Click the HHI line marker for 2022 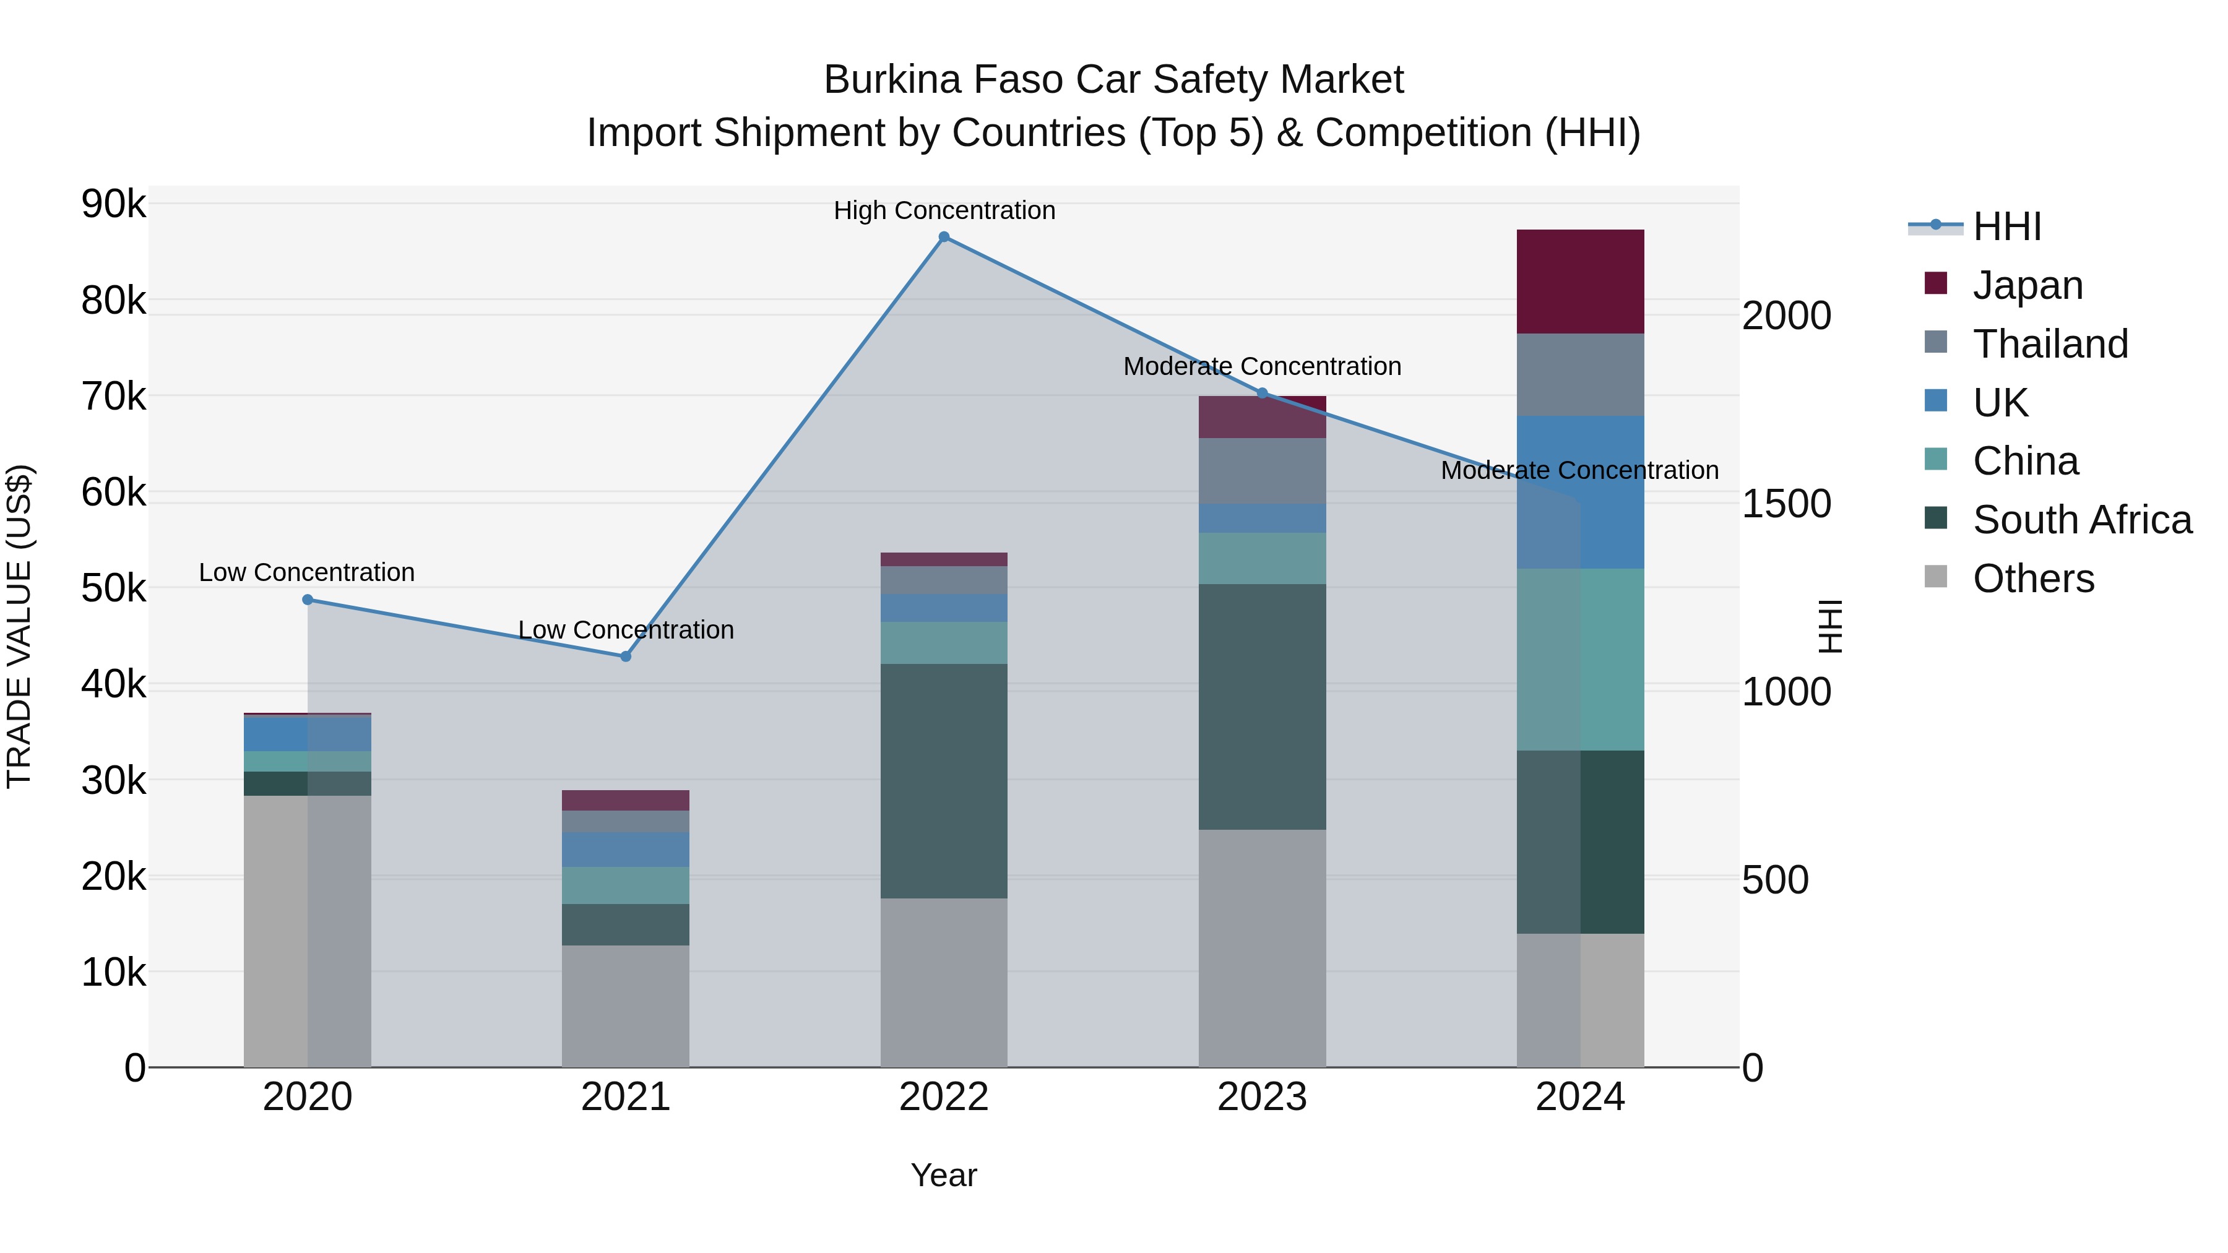click(x=944, y=237)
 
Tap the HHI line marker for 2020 click(x=308, y=599)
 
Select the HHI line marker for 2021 click(x=626, y=657)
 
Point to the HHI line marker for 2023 click(x=1262, y=394)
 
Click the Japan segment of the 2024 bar click(x=1580, y=282)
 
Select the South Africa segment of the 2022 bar click(x=944, y=781)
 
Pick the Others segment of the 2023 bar click(x=1262, y=948)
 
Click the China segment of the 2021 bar click(x=626, y=885)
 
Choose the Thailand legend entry click(x=2050, y=343)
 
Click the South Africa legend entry click(x=2082, y=520)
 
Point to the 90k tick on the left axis click(x=113, y=205)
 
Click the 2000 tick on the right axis click(x=1786, y=316)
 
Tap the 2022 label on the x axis click(x=944, y=1097)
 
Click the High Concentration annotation click(x=944, y=210)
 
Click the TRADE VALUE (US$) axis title click(x=20, y=626)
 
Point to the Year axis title click(x=944, y=1175)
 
